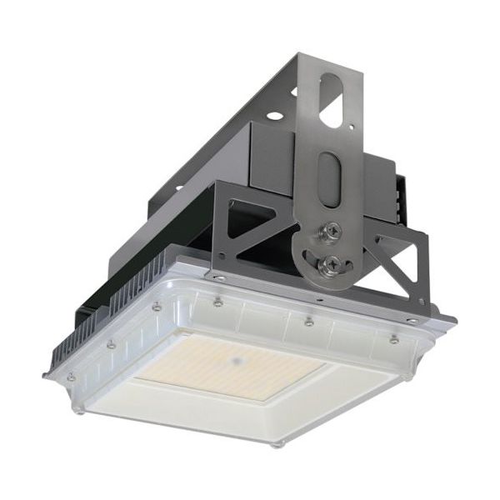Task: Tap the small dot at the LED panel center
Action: [237, 361]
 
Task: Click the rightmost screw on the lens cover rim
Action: [394, 340]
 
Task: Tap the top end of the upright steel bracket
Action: [332, 60]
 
